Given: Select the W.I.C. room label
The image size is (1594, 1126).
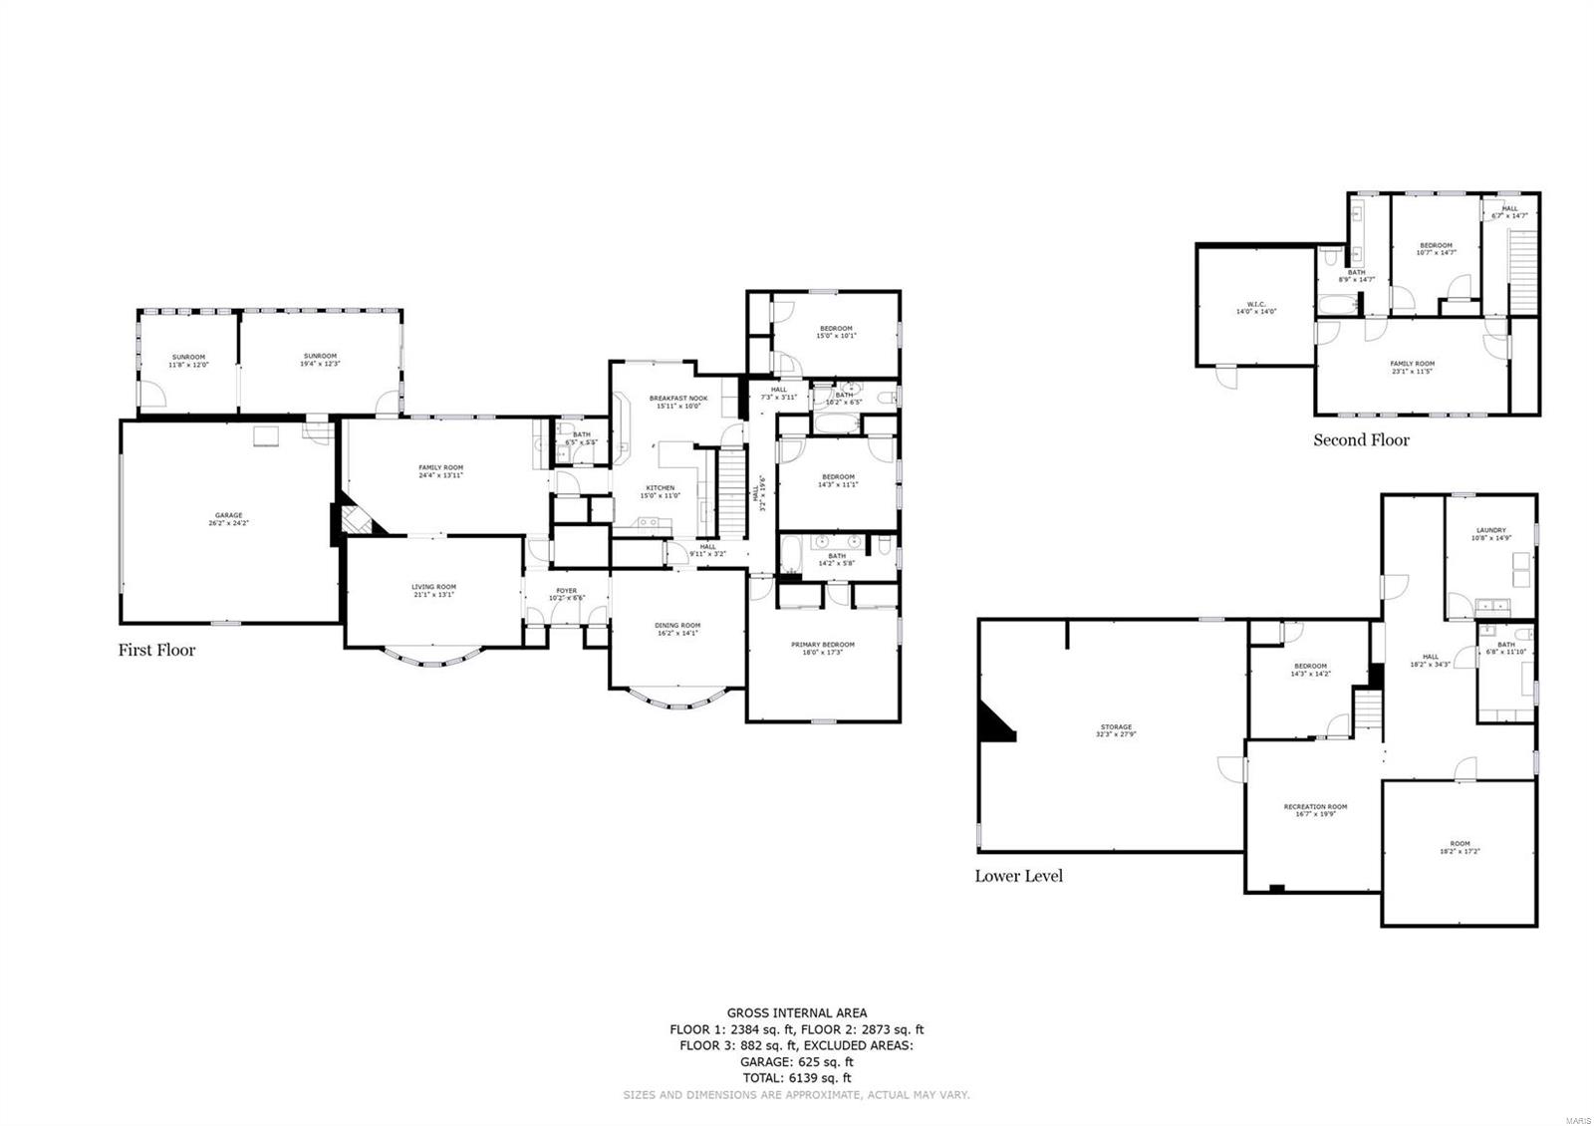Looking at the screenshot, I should point(1255,307).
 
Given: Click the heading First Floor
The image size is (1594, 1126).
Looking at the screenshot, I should point(156,650).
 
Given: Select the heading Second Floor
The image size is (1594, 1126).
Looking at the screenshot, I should point(1361,439).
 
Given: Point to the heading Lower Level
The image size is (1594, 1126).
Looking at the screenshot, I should point(1018,875).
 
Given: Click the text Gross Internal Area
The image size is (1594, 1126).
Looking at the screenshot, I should point(796,1013).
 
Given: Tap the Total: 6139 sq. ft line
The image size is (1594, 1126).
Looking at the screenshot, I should point(796,1078).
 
